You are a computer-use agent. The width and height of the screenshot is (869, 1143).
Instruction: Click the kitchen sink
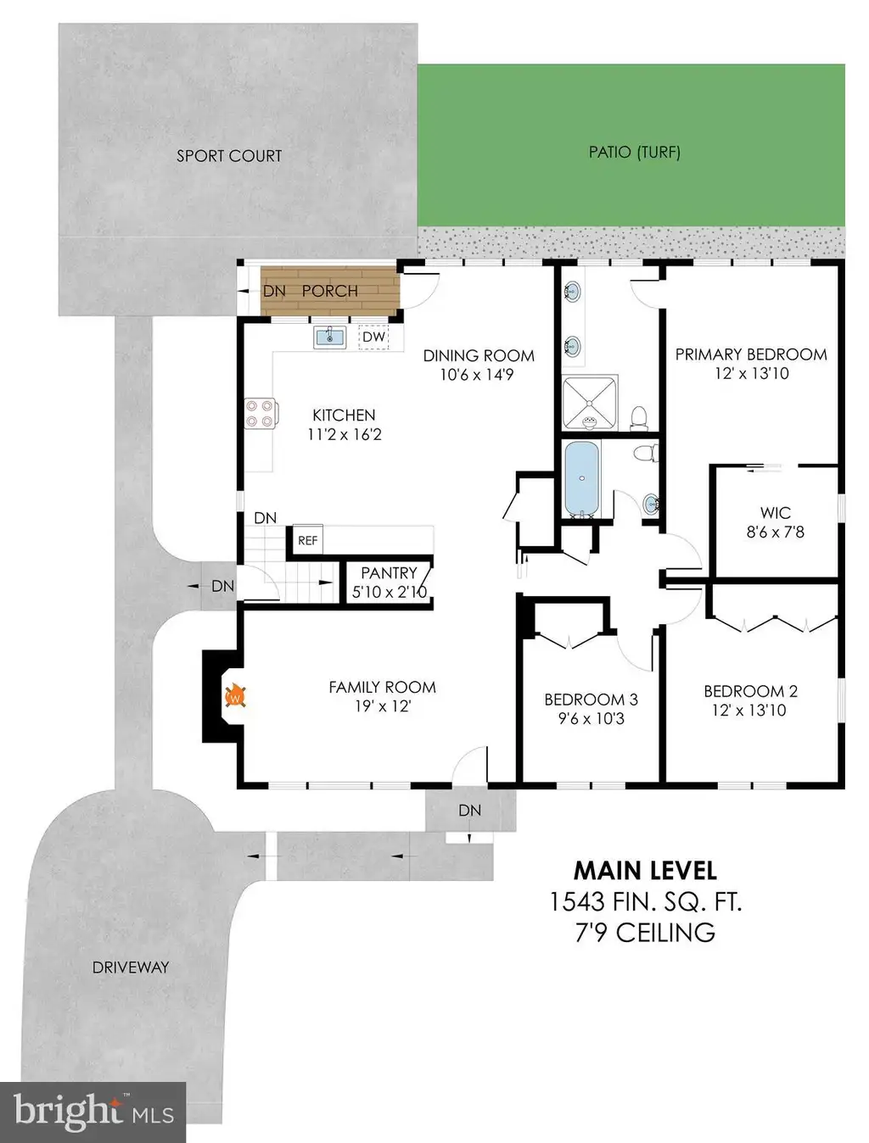pos(330,337)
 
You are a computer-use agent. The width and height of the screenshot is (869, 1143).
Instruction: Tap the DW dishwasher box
pos(373,337)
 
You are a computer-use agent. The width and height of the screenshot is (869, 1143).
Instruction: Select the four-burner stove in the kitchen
pos(261,414)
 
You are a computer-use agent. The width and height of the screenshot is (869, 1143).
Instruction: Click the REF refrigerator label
pos(308,540)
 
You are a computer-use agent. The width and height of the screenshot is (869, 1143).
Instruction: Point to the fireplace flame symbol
pos(235,695)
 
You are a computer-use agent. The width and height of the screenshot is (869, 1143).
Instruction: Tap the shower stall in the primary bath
pos(590,403)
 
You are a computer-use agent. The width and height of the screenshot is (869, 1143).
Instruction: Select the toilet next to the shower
pos(639,418)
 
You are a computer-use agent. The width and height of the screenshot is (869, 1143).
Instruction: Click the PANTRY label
pos(390,573)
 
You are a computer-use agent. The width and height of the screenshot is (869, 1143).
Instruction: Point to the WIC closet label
pos(775,513)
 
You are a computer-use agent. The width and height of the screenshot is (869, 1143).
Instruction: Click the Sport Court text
pos(229,156)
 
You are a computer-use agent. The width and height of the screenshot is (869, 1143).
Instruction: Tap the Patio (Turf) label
pos(635,152)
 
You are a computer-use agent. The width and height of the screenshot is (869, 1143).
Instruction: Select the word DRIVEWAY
pos(131,967)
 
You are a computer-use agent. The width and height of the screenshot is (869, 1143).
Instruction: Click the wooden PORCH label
pos(330,291)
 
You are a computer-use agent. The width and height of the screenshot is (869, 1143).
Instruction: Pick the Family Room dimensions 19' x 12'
pos(383,706)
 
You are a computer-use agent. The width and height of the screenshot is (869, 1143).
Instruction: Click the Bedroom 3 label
pos(591,700)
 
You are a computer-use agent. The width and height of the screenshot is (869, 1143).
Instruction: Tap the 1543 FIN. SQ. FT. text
pos(646,902)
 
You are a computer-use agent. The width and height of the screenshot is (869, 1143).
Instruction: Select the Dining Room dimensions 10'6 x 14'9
pos(477,375)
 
